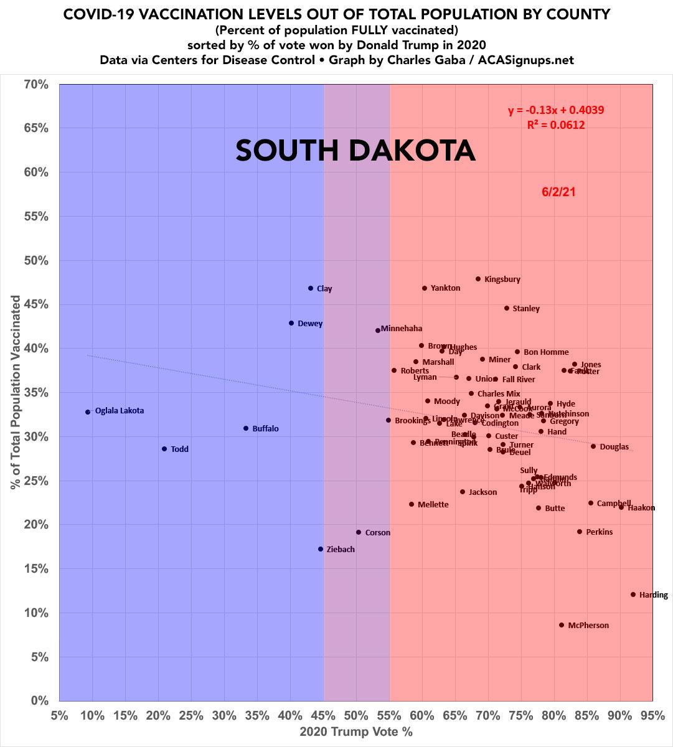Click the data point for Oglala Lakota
point(88,411)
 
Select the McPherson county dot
point(561,625)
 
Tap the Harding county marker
point(633,594)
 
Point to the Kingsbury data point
point(478,279)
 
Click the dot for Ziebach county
point(321,549)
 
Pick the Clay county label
point(324,289)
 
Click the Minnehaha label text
point(401,329)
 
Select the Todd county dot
point(164,449)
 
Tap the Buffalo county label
point(265,429)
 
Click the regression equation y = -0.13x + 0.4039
point(556,111)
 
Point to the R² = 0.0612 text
point(556,125)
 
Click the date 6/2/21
point(558,192)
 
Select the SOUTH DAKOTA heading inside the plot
point(355,151)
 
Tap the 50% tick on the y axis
point(36,260)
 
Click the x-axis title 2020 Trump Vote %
point(356,732)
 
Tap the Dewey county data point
point(291,323)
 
